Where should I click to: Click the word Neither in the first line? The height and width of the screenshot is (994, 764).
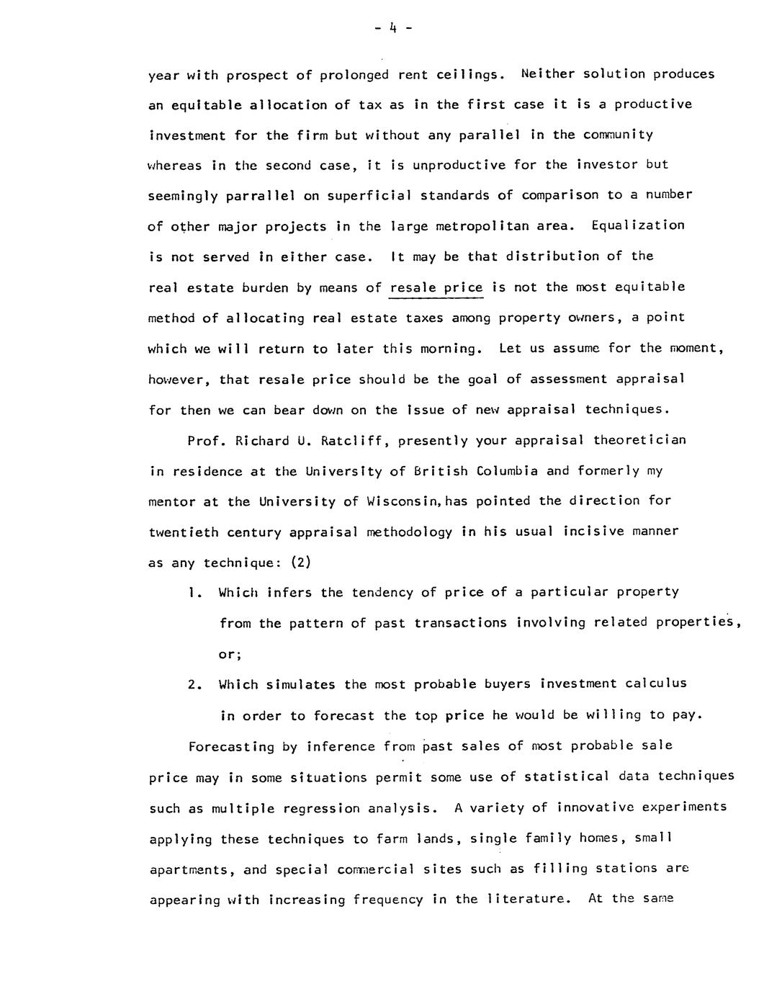click(x=547, y=74)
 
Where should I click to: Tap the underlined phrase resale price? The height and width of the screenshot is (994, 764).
click(x=436, y=287)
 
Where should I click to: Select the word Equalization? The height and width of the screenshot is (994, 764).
click(x=637, y=225)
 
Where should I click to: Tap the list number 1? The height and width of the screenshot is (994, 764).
click(x=192, y=593)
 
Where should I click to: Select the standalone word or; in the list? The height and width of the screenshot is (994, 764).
click(x=230, y=654)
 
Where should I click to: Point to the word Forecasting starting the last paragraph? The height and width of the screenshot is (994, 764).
click(x=231, y=746)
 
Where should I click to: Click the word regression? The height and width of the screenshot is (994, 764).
click(x=323, y=808)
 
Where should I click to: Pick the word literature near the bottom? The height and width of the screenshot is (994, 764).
click(x=526, y=900)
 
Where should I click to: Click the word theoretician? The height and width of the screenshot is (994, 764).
click(x=639, y=440)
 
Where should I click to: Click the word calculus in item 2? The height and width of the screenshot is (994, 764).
click(x=656, y=684)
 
